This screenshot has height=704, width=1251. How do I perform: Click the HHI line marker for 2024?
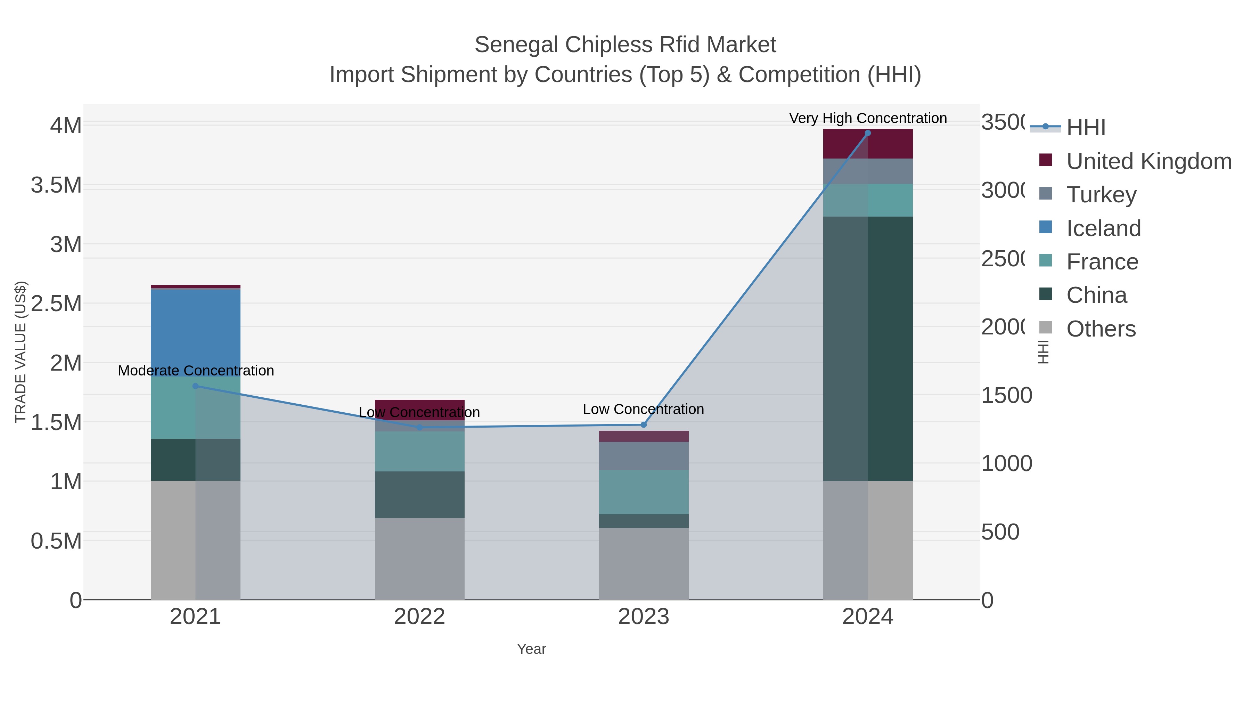(x=867, y=133)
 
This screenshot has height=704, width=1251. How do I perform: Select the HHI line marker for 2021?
(x=195, y=386)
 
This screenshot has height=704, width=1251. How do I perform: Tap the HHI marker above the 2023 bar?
(x=644, y=424)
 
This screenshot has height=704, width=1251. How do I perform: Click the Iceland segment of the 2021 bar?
(x=195, y=333)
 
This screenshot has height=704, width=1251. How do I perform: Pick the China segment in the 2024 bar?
(x=867, y=348)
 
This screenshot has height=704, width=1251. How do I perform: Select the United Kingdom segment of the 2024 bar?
(x=867, y=144)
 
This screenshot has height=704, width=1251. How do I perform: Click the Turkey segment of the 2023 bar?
(x=644, y=456)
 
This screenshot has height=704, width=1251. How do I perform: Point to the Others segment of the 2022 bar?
(x=419, y=559)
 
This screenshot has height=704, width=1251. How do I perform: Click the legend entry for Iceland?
(x=1103, y=228)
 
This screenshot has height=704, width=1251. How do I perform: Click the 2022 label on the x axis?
(x=419, y=617)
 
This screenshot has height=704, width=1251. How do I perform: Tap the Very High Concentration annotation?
(x=867, y=118)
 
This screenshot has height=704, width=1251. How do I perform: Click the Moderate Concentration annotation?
(x=196, y=371)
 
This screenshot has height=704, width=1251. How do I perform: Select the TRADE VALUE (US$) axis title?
(x=21, y=352)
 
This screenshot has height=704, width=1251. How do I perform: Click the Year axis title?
(x=531, y=649)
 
